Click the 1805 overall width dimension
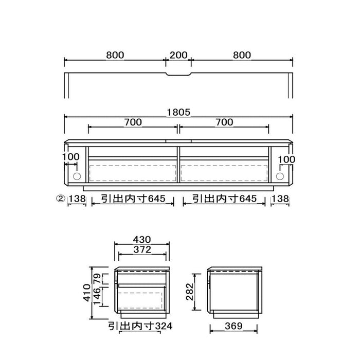coord(178,112)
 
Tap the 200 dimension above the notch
coord(178,55)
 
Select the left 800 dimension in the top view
coord(115,55)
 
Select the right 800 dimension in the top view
coord(242,55)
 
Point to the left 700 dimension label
coord(133,122)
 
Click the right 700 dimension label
coord(224,122)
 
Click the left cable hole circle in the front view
coord(77,176)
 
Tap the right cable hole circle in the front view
coord(280,176)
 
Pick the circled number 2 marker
coord(61,199)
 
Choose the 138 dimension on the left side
coord(77,199)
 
